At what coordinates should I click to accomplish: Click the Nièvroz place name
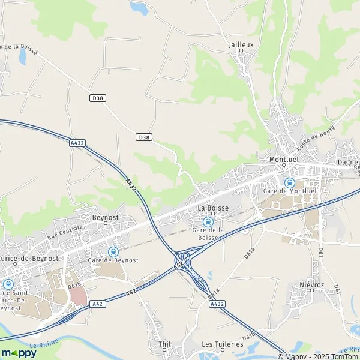312,284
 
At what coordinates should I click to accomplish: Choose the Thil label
164,344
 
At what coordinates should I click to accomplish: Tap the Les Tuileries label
223,344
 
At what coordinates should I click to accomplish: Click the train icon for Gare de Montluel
289,182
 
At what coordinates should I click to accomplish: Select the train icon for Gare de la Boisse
208,221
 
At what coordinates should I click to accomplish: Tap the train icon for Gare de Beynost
113,251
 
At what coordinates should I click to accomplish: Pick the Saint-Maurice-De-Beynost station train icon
8,284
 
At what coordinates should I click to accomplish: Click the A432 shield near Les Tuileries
217,305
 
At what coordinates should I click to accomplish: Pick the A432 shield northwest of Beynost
77,143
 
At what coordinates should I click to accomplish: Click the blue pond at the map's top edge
140,8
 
